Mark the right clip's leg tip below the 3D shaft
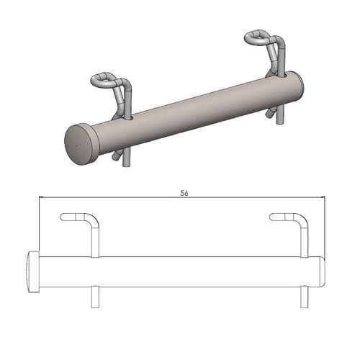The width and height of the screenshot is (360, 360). tap(271, 115)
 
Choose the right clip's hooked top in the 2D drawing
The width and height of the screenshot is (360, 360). tap(281, 217)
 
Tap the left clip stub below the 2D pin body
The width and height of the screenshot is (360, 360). tap(94, 297)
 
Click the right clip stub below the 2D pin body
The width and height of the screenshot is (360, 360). tap(301, 297)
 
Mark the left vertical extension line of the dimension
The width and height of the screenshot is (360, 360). tap(39, 223)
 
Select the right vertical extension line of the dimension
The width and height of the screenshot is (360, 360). tap(325, 223)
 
